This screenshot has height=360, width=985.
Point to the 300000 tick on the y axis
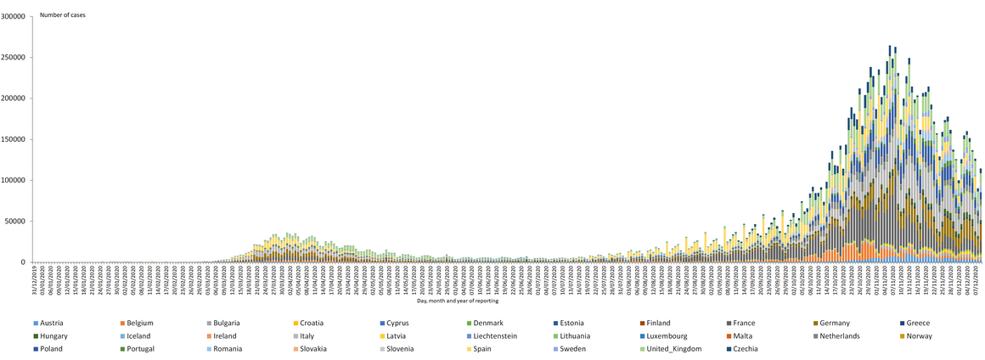14,16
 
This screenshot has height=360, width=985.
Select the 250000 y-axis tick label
14,58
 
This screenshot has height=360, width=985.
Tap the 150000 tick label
14,139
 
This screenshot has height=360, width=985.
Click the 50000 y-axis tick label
16,221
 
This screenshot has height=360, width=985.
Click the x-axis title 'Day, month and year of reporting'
458,301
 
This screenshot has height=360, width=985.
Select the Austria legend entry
52,323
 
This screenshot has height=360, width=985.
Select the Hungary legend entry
54,336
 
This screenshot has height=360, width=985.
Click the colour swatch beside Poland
35,349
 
